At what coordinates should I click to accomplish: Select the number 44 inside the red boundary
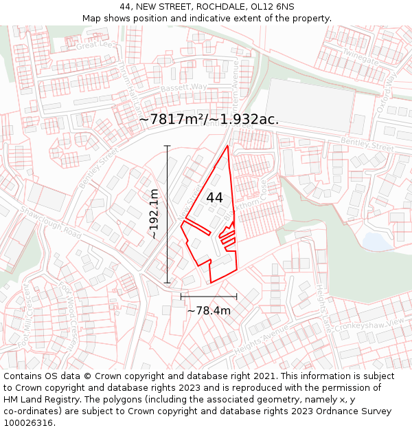[214, 197]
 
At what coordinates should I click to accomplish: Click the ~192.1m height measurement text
[154, 214]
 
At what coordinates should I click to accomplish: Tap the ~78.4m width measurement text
[209, 311]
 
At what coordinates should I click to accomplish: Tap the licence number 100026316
[30, 423]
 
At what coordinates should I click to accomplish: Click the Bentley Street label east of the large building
[367, 146]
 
